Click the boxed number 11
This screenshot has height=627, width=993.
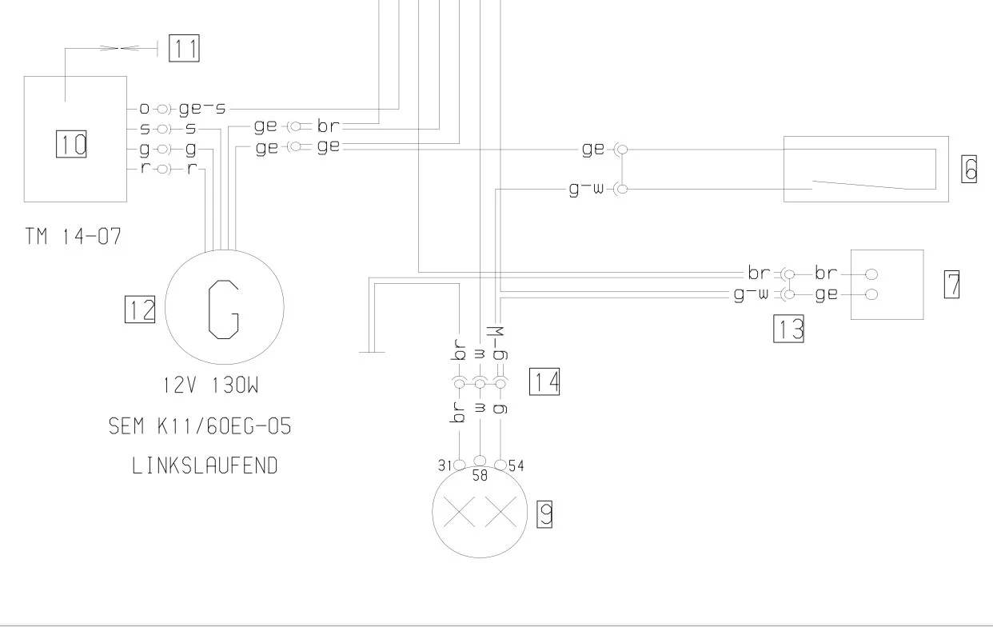tap(184, 48)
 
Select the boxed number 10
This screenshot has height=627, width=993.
tap(71, 144)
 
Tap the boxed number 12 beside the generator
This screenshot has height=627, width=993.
tap(140, 310)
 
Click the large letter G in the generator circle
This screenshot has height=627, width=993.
tap(224, 310)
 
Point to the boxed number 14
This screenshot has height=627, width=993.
tap(544, 381)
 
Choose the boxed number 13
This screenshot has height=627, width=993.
tap(788, 329)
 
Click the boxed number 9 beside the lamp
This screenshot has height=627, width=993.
tap(544, 514)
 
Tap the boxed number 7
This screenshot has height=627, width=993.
tap(951, 284)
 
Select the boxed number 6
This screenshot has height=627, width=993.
tap(969, 169)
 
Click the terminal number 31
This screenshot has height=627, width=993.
tap(445, 465)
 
